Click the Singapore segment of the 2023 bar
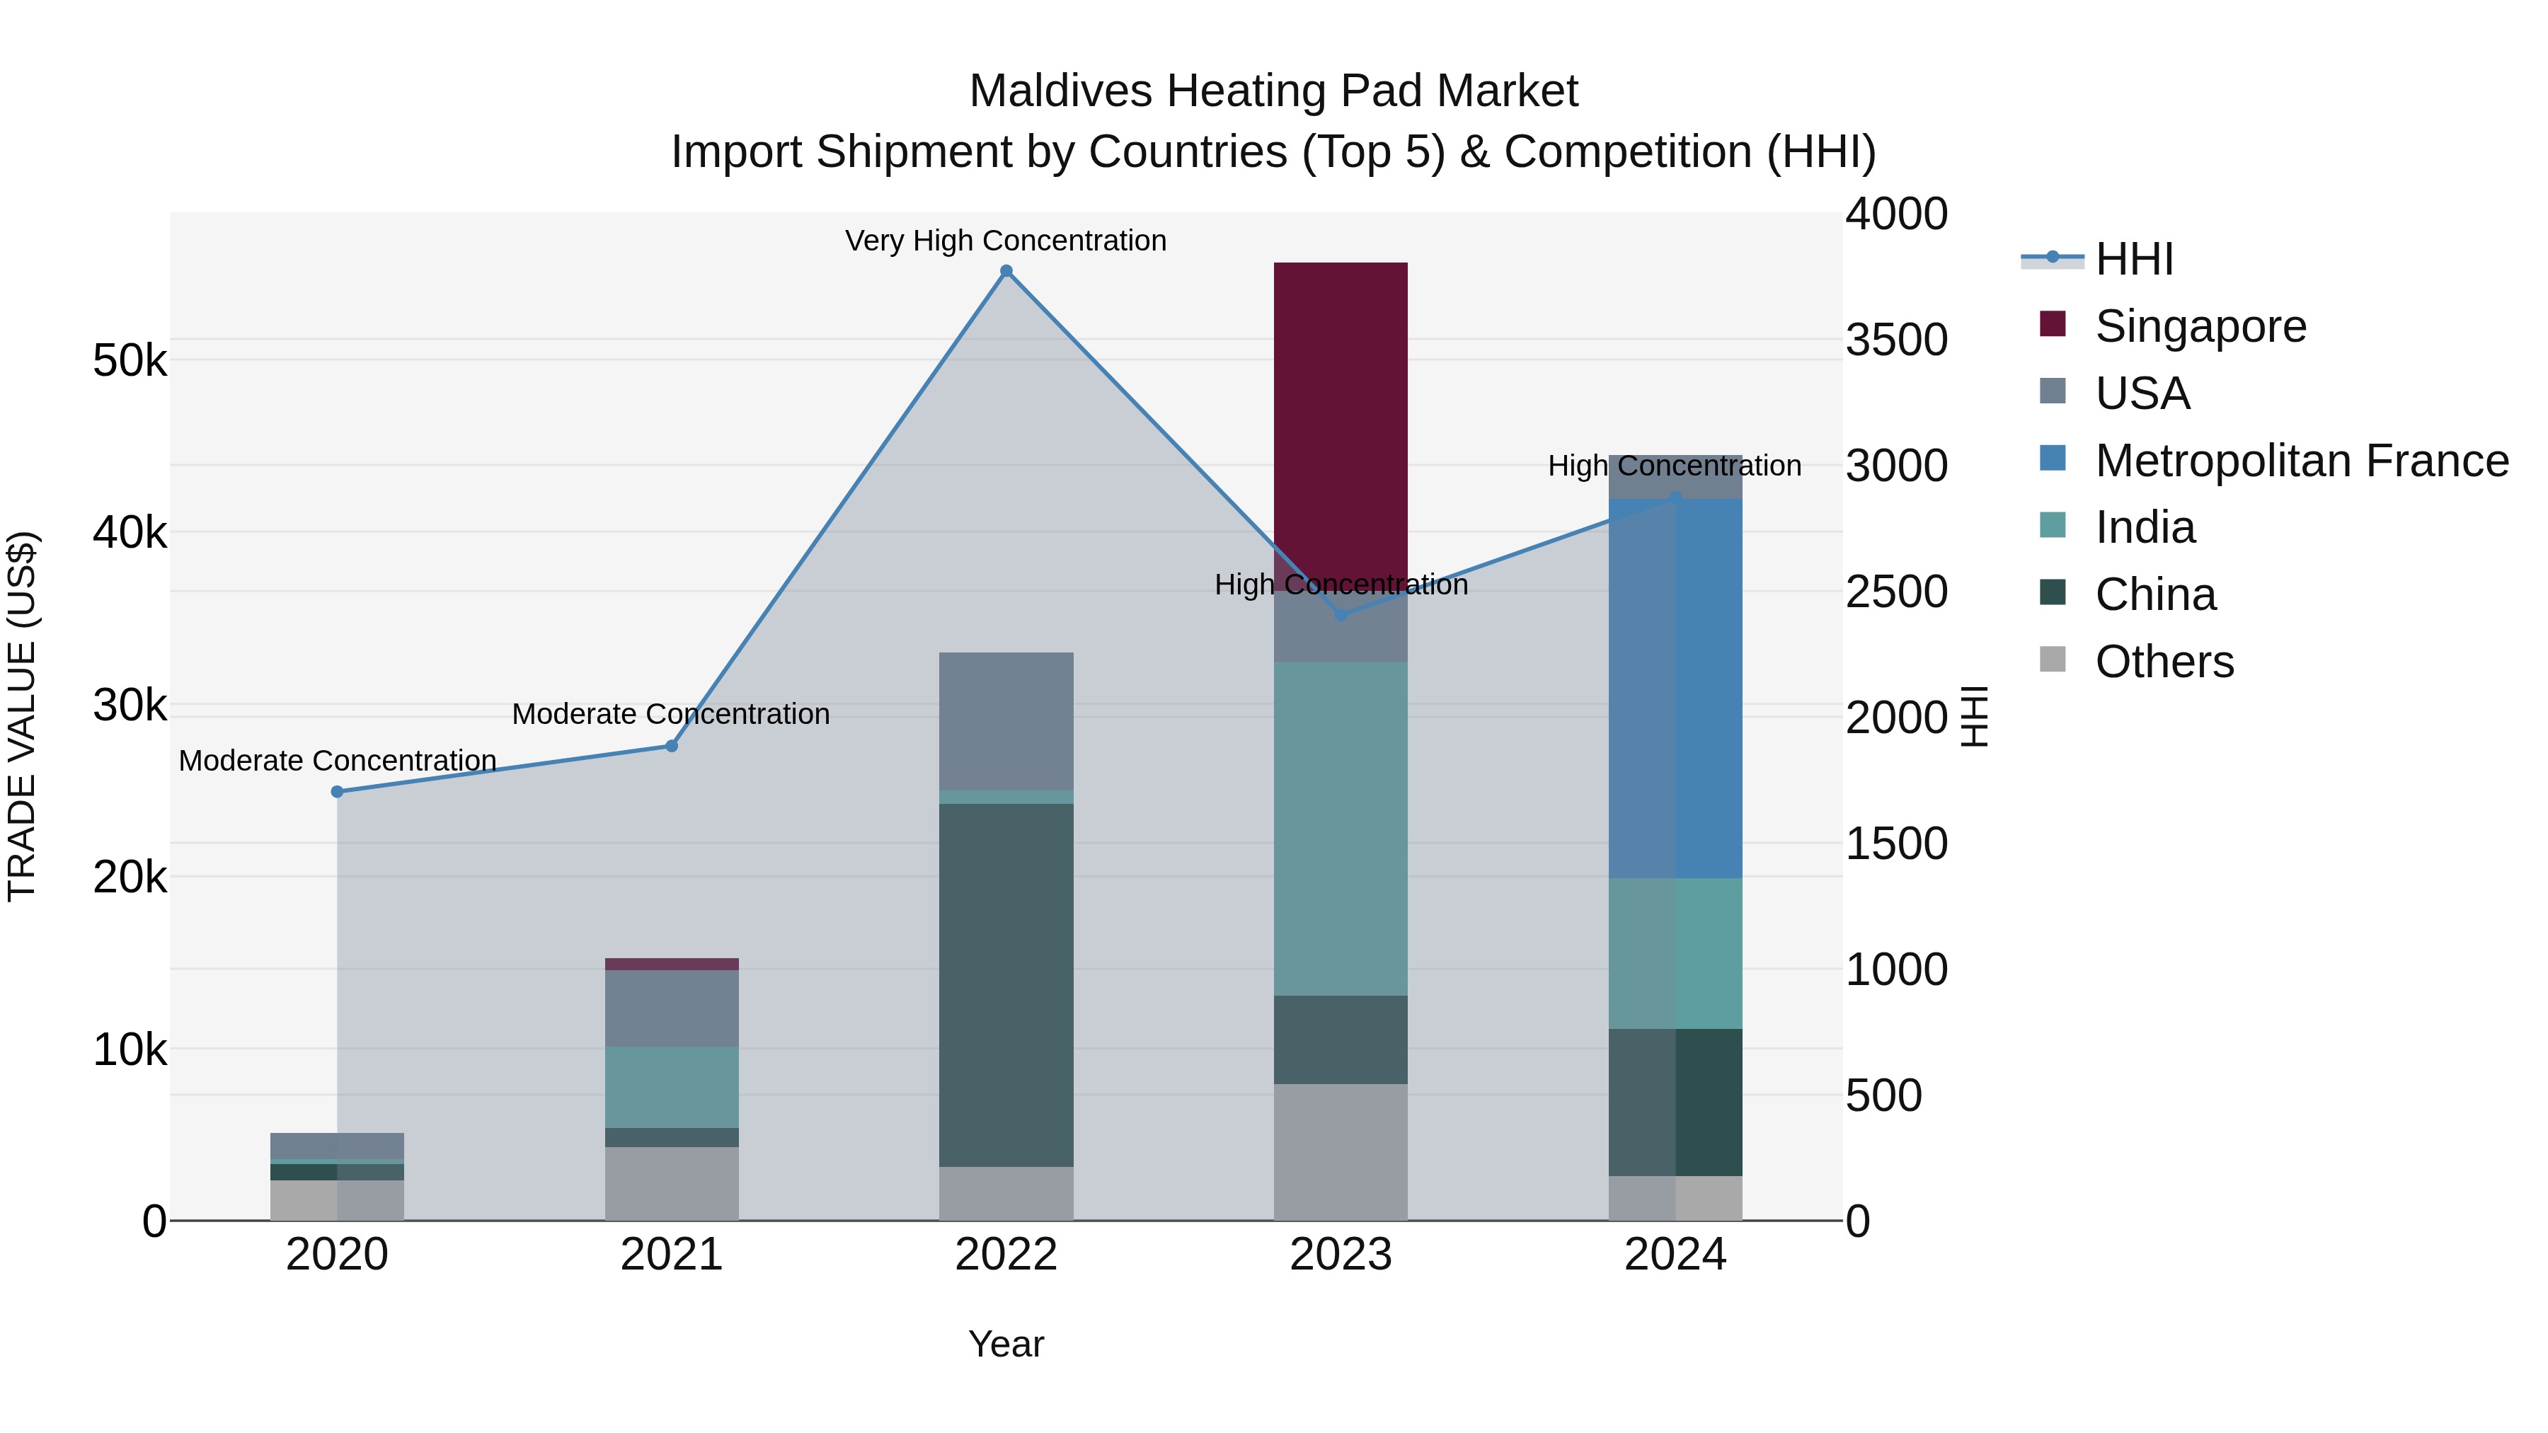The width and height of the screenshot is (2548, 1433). (x=1341, y=425)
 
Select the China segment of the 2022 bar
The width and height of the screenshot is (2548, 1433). (x=1006, y=984)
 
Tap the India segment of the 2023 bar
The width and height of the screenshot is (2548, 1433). (x=1341, y=828)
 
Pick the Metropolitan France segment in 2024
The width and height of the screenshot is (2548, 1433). (x=1675, y=689)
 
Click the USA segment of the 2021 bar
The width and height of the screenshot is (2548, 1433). (x=672, y=1008)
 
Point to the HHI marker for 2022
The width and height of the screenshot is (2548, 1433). (x=1006, y=271)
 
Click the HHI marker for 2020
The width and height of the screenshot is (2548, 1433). (x=338, y=791)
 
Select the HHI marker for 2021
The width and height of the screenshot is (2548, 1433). (x=672, y=746)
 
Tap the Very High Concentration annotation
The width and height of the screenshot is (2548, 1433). (x=1006, y=241)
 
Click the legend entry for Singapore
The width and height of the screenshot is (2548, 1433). (x=2200, y=326)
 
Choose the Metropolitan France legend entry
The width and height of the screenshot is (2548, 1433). (x=2301, y=461)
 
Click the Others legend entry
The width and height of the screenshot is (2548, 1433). (x=2164, y=662)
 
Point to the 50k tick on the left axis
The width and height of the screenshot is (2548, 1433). (x=130, y=360)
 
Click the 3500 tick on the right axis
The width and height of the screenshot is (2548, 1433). (x=1896, y=339)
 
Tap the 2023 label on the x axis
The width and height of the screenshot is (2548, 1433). (x=1341, y=1255)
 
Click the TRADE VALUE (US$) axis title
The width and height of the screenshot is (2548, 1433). (x=22, y=716)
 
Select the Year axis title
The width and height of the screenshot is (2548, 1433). (x=1006, y=1344)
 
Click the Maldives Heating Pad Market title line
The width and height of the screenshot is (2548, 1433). (x=1273, y=91)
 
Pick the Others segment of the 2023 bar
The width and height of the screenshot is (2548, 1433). (x=1341, y=1152)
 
